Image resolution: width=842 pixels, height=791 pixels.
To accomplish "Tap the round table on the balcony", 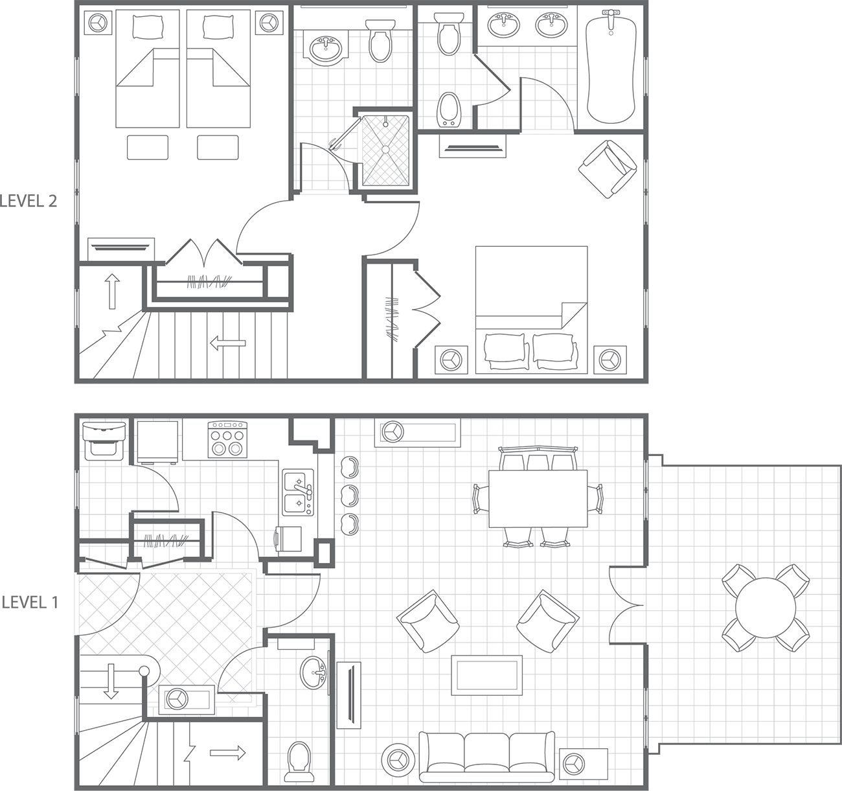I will (x=765, y=608).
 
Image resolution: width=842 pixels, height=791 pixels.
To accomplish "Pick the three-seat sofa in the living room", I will (x=486, y=755).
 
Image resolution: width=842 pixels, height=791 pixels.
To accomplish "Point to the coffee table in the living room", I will (x=486, y=674).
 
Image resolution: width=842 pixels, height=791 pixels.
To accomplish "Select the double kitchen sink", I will (x=298, y=492).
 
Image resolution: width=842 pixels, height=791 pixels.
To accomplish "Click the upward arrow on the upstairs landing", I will (x=112, y=291).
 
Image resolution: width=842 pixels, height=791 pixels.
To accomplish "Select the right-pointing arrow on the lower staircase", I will (x=228, y=753).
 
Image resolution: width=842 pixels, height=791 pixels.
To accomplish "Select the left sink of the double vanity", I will (x=503, y=25).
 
